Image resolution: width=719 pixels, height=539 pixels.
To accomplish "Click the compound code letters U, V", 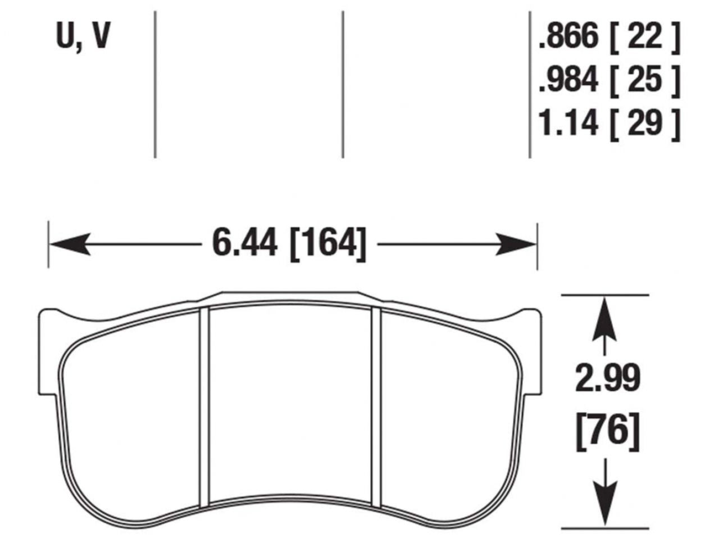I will pyautogui.click(x=83, y=38).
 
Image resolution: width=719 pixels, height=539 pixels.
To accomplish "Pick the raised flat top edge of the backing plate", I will pyautogui.click(x=290, y=293).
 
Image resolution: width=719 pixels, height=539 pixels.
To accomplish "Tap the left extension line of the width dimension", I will pyautogui.click(x=49, y=245).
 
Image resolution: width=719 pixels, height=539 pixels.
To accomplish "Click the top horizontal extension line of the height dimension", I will pyautogui.click(x=606, y=294).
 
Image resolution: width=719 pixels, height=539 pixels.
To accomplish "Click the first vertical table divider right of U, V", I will pyautogui.click(x=154, y=84).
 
